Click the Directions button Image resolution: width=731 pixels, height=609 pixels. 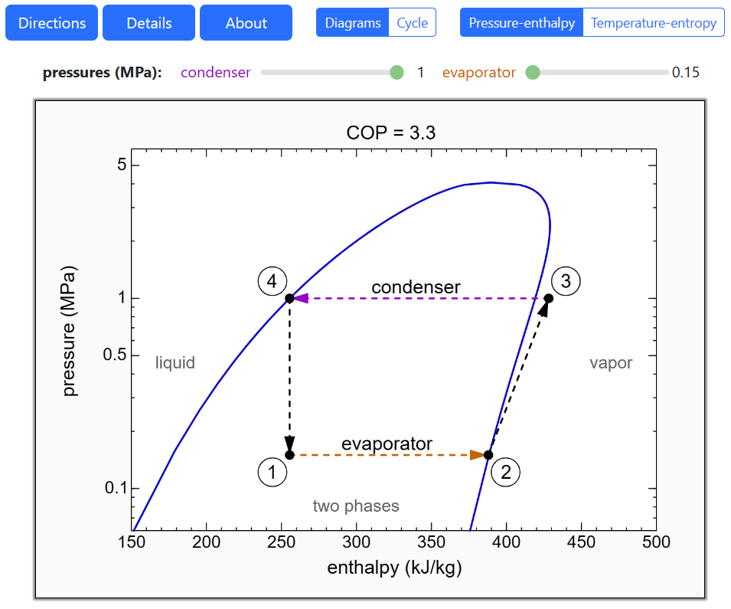click(x=52, y=23)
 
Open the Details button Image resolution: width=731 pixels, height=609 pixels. click(x=149, y=23)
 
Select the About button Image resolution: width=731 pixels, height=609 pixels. click(x=246, y=23)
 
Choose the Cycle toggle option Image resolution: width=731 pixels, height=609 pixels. click(x=412, y=23)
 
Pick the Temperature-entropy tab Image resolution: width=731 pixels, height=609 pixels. click(x=653, y=23)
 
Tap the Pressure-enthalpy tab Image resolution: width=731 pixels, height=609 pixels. click(x=521, y=23)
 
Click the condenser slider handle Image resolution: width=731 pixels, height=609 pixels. click(x=397, y=73)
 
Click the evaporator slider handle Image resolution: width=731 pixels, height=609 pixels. click(x=534, y=73)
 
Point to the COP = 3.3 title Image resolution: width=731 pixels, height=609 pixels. click(x=390, y=133)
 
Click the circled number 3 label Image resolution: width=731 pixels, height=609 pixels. click(x=566, y=281)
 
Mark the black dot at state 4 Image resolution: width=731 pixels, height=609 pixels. click(x=289, y=298)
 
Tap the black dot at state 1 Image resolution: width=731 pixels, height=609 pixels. click(x=289, y=455)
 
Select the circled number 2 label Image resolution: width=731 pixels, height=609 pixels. click(x=505, y=472)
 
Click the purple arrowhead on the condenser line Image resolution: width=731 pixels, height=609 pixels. click(x=300, y=298)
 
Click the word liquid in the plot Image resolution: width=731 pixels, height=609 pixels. click(x=175, y=363)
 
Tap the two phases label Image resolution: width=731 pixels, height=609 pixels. click(x=356, y=506)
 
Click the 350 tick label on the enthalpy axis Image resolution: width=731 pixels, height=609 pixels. click(x=431, y=542)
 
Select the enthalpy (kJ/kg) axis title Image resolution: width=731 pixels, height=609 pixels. click(x=394, y=568)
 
